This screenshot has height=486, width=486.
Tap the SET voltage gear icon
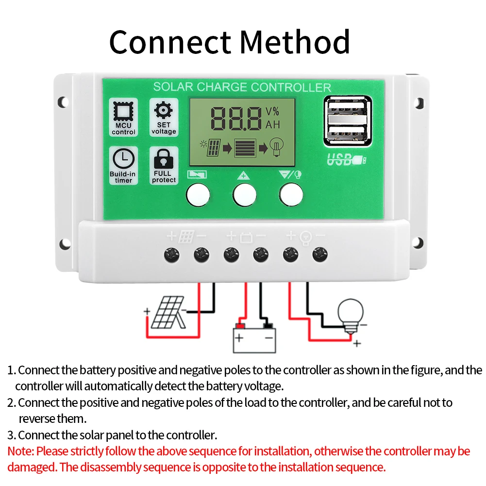(164, 110)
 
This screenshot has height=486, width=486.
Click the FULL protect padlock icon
(164, 158)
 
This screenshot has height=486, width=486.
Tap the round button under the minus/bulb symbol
(291, 194)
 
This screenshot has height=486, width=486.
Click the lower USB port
(347, 133)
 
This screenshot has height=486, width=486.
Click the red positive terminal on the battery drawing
(239, 325)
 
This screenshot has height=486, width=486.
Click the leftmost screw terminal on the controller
(171, 253)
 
